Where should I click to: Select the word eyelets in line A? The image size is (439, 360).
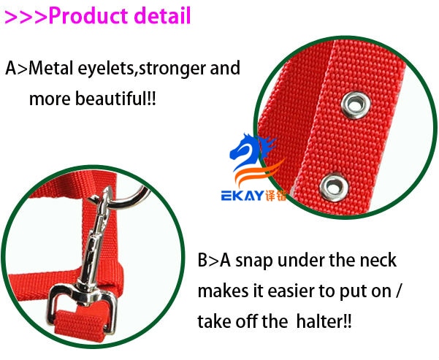pos(107,69)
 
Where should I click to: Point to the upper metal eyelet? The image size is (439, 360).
pos(356,105)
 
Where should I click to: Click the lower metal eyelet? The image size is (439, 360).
pos(334,187)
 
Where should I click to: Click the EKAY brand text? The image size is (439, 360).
pos(243,196)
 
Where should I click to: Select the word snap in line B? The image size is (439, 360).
pos(254,261)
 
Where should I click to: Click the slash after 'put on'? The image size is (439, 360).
pos(398,291)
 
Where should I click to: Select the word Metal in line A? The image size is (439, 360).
pos(51,68)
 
